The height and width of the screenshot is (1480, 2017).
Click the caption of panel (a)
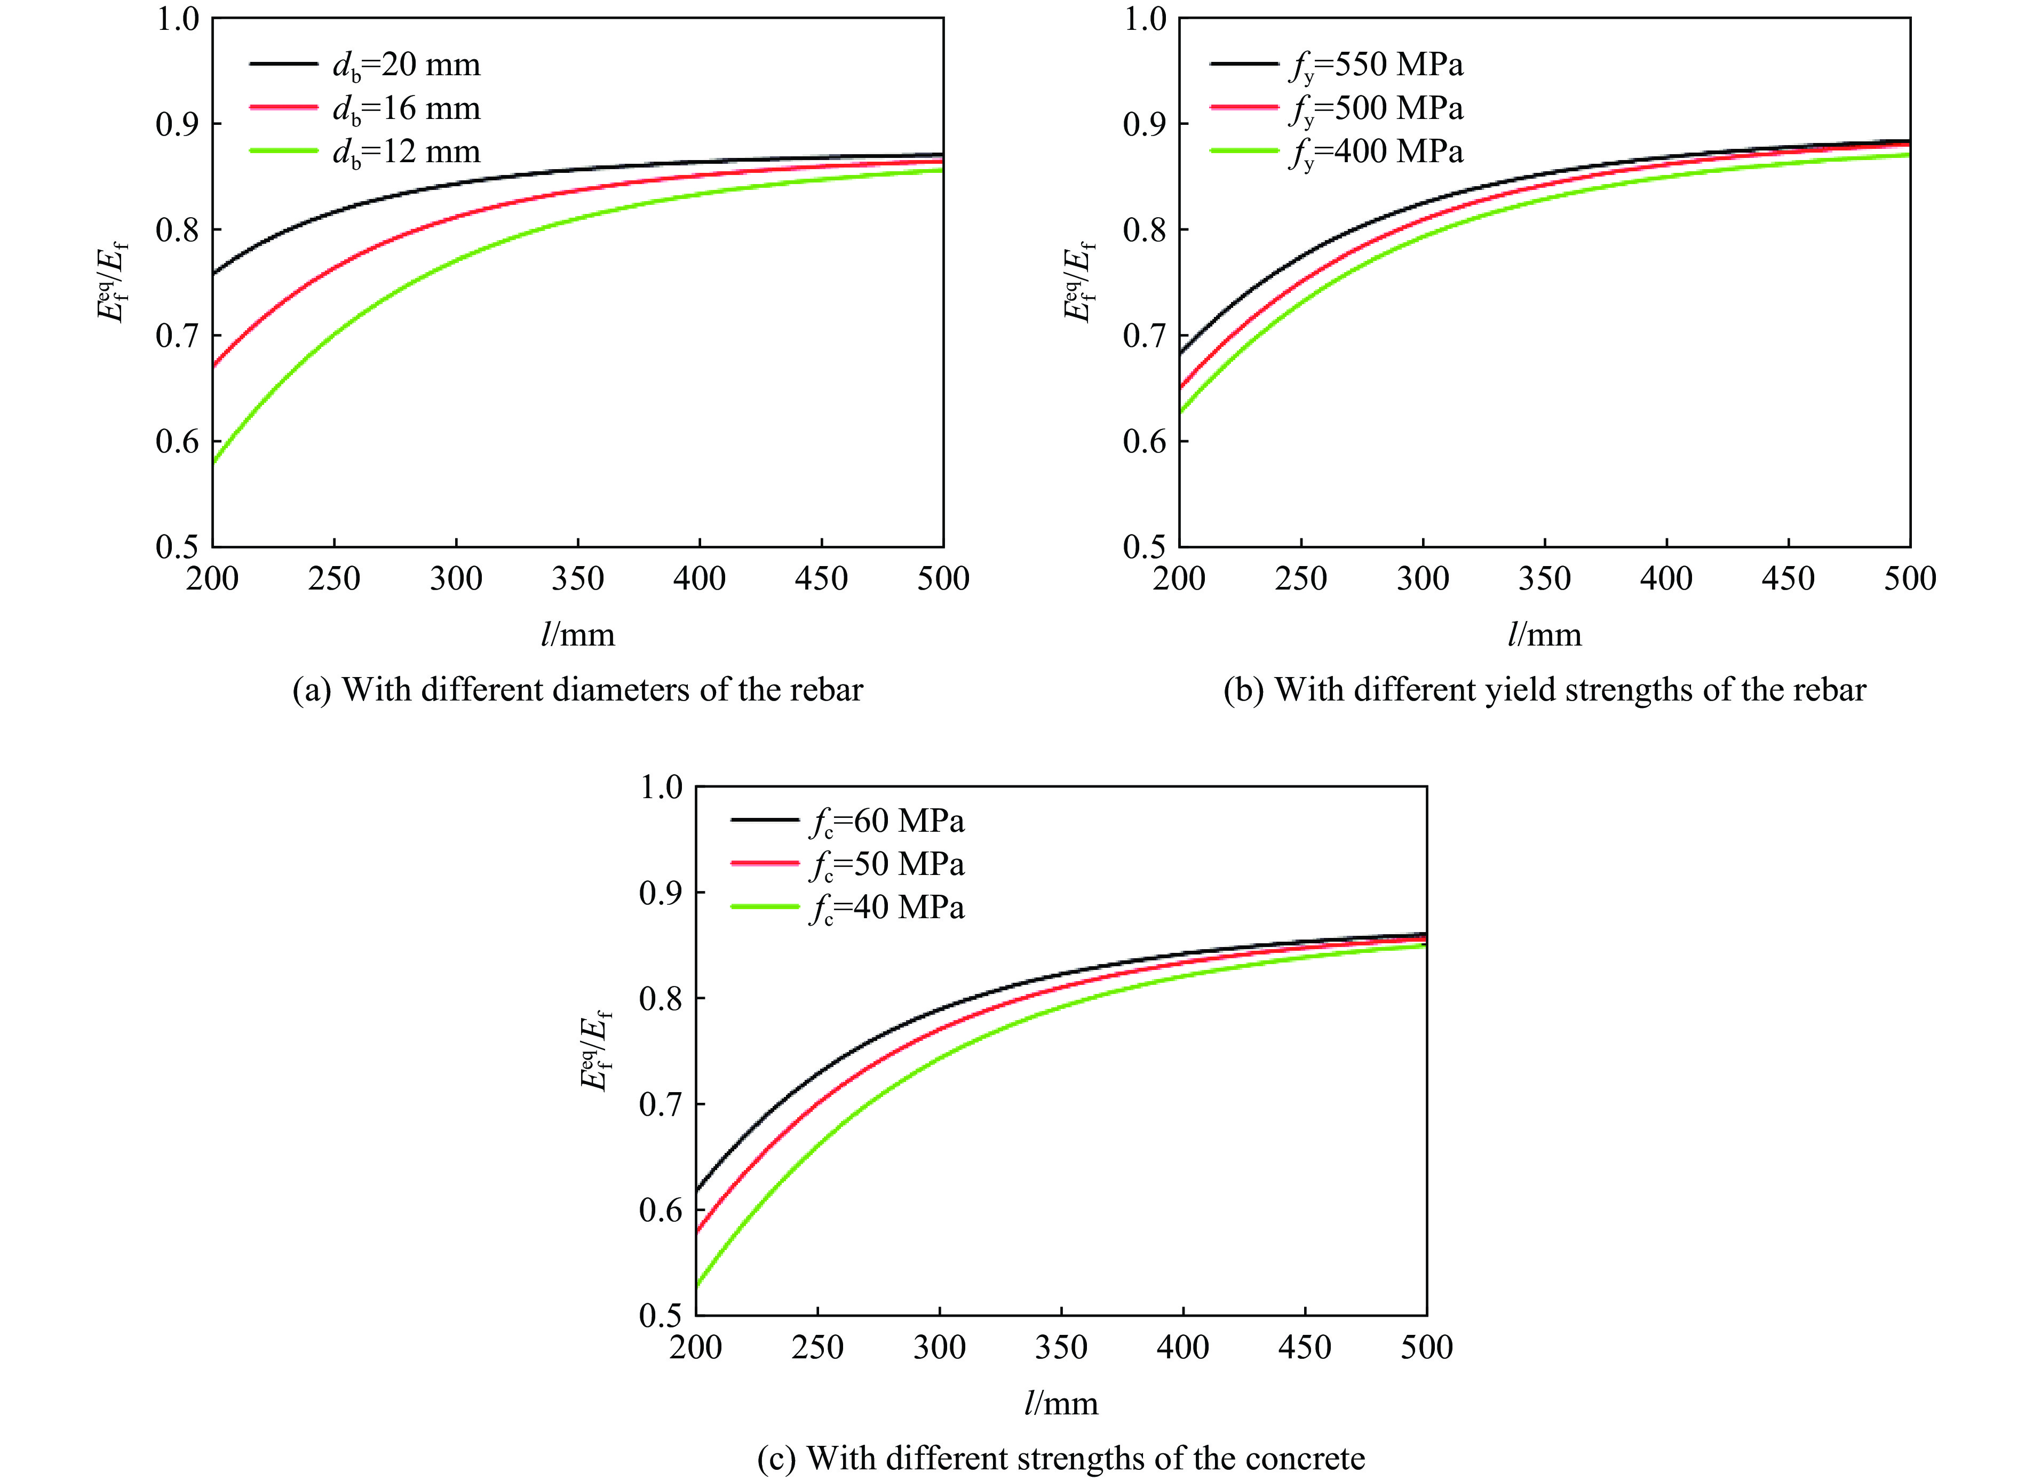click(578, 690)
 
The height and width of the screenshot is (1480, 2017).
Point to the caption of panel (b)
click(1544, 690)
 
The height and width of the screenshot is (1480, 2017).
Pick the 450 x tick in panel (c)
click(1305, 1347)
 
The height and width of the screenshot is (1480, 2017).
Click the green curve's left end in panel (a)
click(214, 462)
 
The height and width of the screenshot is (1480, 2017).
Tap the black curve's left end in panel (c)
click(697, 1190)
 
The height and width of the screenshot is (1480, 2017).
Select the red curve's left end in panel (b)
click(1181, 388)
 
